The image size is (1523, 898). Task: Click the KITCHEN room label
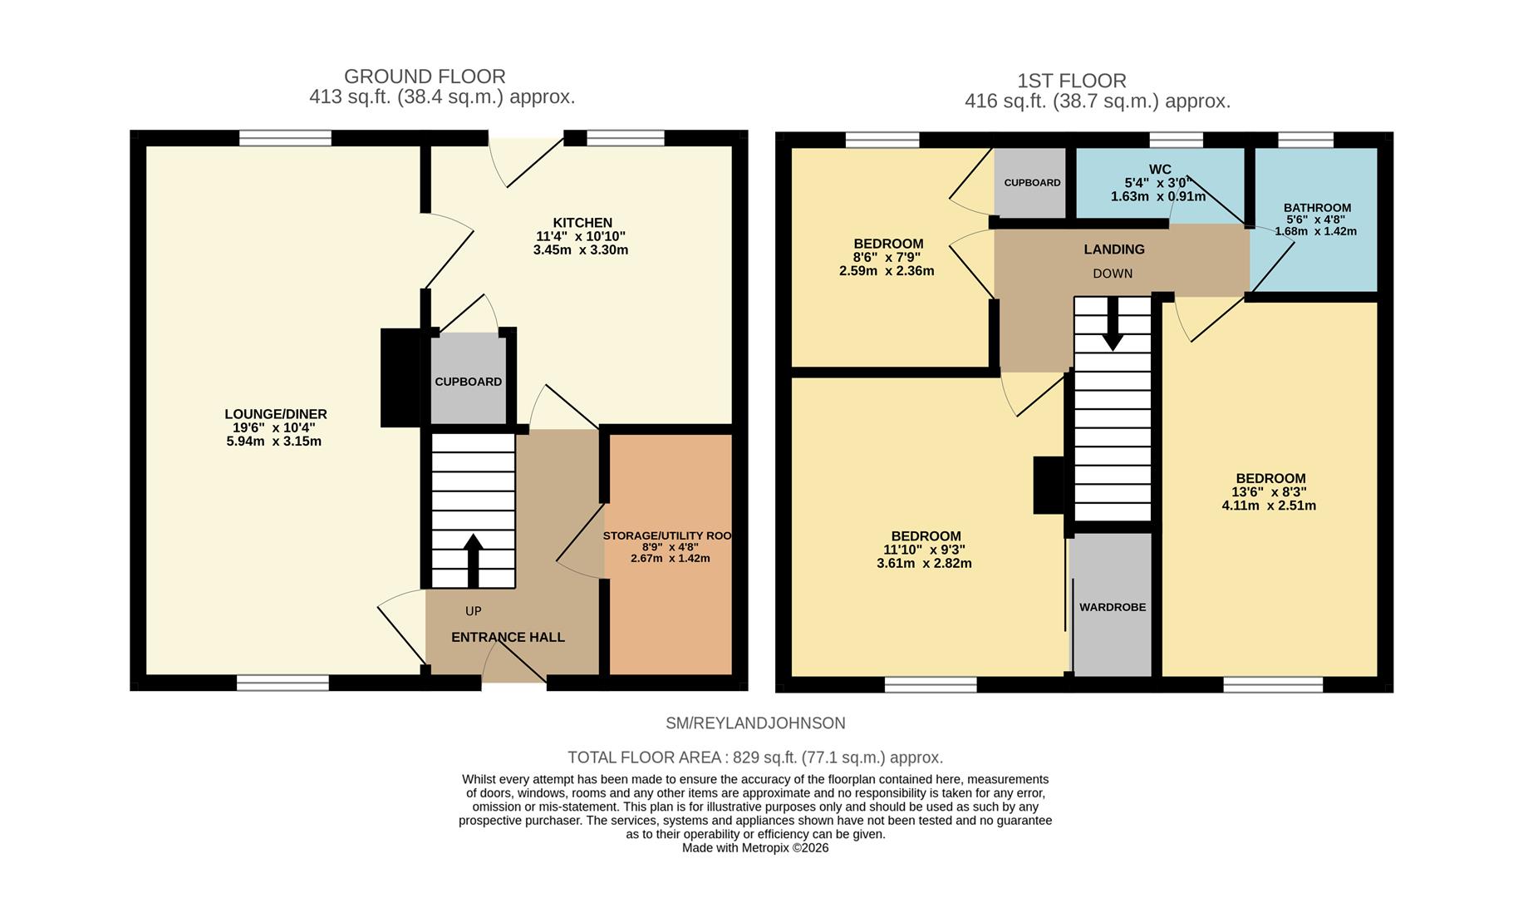pyautogui.click(x=582, y=223)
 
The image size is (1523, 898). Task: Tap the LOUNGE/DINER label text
pyautogui.click(x=275, y=414)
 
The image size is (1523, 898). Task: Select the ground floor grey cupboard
pyautogui.click(x=468, y=381)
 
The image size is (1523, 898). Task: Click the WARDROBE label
pyautogui.click(x=1113, y=607)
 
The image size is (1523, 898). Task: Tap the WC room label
pyautogui.click(x=1160, y=170)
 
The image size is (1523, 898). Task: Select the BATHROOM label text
pyautogui.click(x=1317, y=208)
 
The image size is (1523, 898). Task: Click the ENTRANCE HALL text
pyautogui.click(x=508, y=637)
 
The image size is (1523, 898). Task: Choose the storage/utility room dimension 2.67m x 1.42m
pyautogui.click(x=670, y=558)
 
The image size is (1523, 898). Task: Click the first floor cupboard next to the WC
pyautogui.click(x=1031, y=183)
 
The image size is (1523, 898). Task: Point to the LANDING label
pyautogui.click(x=1114, y=249)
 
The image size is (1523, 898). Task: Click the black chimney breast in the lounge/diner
pyautogui.click(x=400, y=377)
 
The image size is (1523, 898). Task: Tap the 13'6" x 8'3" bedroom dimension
pyautogui.click(x=1270, y=491)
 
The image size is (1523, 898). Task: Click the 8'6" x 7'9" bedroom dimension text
pyautogui.click(x=887, y=257)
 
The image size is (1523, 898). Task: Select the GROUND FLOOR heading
pyautogui.click(x=425, y=76)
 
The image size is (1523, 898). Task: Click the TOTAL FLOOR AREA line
pyautogui.click(x=754, y=757)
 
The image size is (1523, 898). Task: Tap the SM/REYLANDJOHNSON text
pyautogui.click(x=754, y=723)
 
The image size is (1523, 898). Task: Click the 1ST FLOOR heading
pyautogui.click(x=1072, y=81)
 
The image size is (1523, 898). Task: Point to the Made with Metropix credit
pyautogui.click(x=754, y=848)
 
